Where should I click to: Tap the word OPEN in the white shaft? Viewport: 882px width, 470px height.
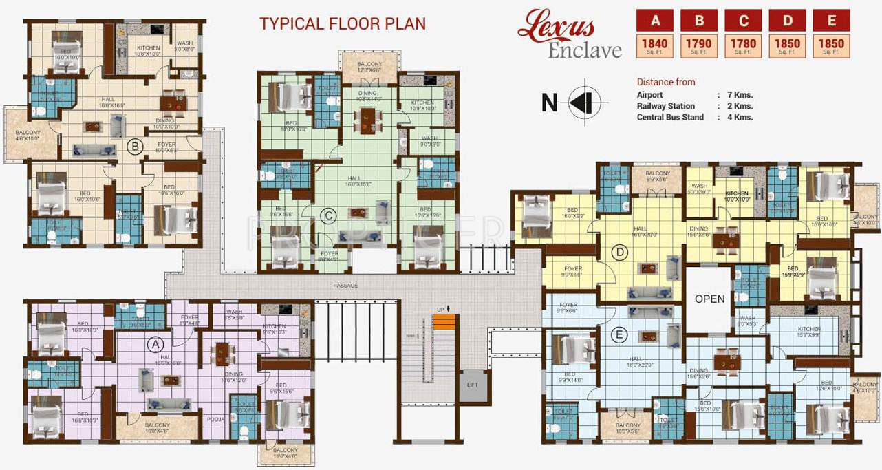point(709,299)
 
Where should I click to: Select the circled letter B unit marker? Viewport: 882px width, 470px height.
point(135,145)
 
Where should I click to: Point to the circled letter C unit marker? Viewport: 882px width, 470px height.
point(329,216)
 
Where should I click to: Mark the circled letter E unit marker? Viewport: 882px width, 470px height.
point(619,335)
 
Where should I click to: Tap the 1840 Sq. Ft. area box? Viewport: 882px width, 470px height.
point(654,45)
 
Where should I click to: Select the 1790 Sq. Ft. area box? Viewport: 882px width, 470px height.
point(698,45)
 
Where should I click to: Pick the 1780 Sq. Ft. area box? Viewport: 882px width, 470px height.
point(743,45)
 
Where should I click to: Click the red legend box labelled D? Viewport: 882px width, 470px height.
point(787,21)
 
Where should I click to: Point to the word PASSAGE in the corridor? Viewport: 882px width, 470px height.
point(345,285)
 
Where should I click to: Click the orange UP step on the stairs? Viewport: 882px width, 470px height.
point(445,322)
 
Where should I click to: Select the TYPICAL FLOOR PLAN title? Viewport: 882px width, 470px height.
point(342,23)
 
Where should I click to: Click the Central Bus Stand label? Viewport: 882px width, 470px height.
point(670,117)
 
